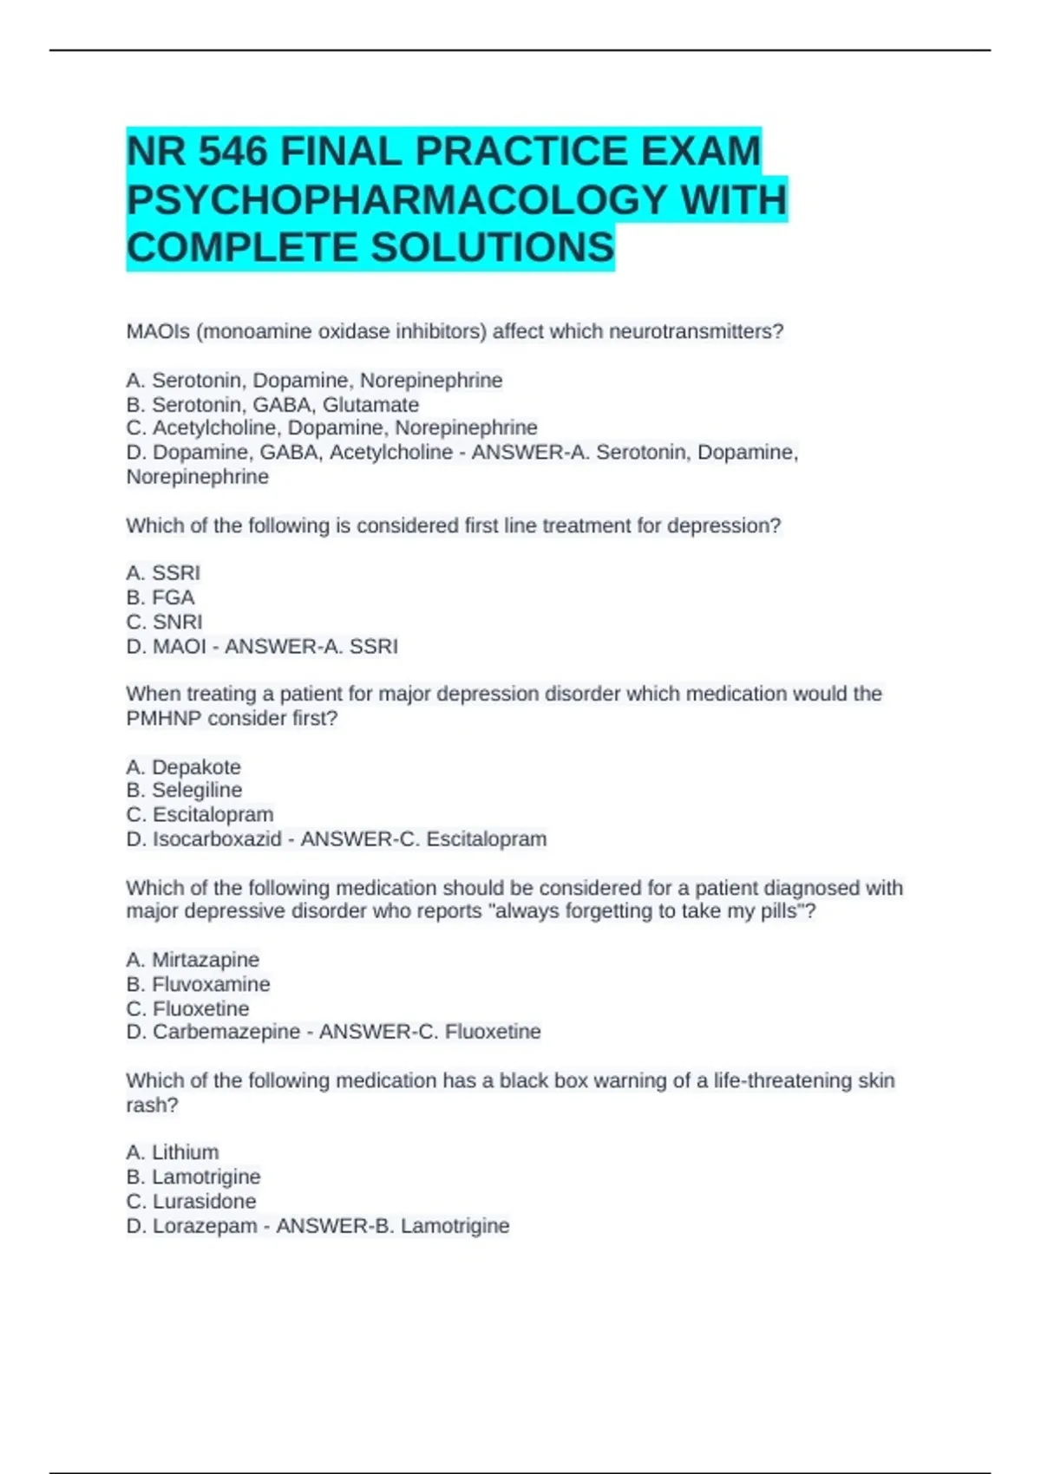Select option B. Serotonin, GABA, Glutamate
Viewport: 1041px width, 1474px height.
[272, 405]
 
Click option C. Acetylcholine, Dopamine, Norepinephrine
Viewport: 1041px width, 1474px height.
[331, 428]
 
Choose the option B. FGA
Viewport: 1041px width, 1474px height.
[160, 597]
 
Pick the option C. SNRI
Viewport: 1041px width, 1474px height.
[164, 622]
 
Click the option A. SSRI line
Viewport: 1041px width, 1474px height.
[163, 573]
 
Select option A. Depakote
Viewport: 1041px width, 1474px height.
[183, 767]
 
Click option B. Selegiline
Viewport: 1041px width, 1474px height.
[184, 791]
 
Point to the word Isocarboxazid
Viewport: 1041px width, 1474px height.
[217, 839]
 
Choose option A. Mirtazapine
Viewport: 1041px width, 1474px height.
[193, 960]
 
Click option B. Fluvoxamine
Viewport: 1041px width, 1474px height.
[198, 984]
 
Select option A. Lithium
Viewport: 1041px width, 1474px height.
[173, 1152]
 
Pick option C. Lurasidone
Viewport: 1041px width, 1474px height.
[191, 1202]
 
